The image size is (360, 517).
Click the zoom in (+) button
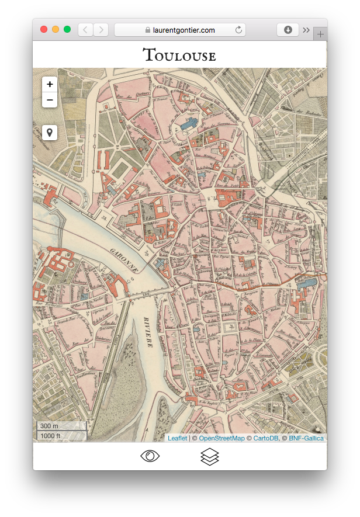click(x=50, y=84)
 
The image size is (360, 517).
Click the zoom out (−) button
click(x=50, y=100)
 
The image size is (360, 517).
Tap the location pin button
click(x=50, y=133)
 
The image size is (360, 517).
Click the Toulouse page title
click(x=179, y=56)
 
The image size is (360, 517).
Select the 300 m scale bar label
click(x=50, y=426)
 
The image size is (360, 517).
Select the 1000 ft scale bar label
click(x=51, y=436)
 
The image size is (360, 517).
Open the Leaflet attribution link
click(x=177, y=438)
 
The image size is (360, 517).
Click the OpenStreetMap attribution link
click(x=221, y=438)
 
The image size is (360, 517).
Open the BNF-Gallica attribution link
click(x=306, y=438)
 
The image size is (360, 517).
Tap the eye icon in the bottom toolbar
click(x=150, y=456)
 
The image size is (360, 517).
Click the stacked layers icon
click(x=209, y=456)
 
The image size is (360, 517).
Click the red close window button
click(x=44, y=30)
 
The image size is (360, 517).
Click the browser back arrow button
click(x=85, y=30)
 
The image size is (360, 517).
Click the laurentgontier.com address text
click(x=184, y=30)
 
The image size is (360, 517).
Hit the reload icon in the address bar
click(x=238, y=30)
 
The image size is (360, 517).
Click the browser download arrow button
click(x=288, y=30)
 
